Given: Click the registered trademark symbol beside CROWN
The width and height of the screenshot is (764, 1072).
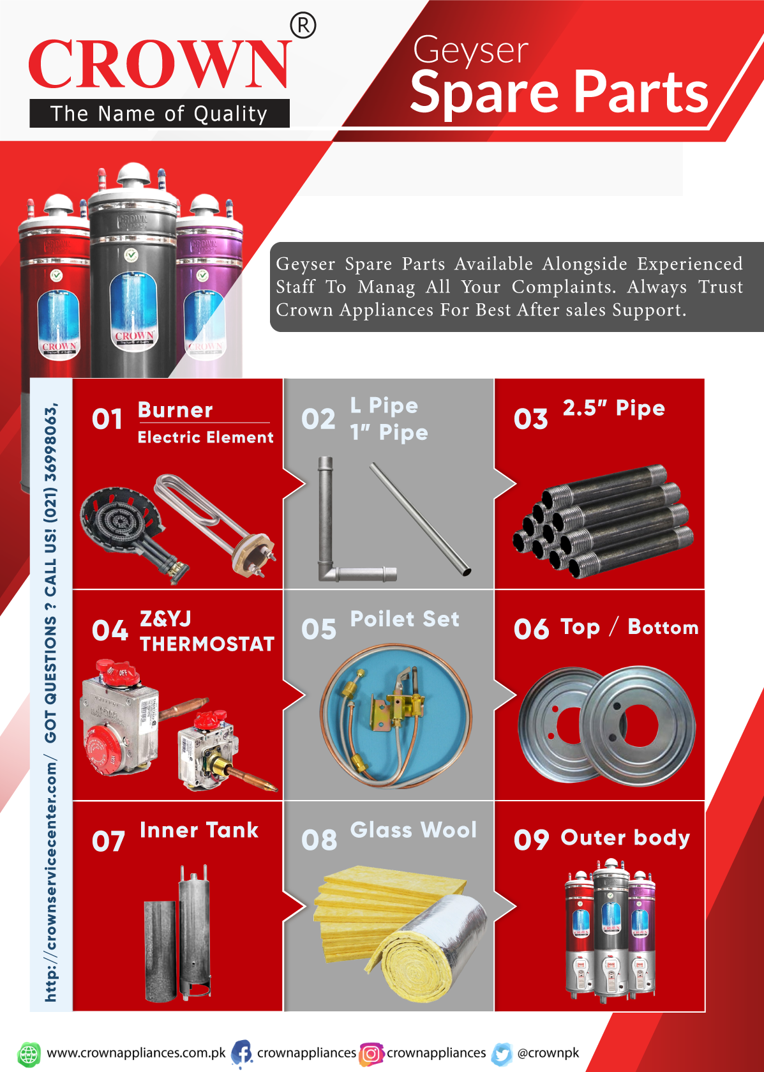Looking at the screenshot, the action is (303, 26).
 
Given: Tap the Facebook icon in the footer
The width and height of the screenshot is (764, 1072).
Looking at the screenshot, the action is (242, 1053).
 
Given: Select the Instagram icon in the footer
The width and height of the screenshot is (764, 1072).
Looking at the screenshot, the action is (371, 1054).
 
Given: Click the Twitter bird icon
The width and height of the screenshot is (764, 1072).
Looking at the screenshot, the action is (502, 1054).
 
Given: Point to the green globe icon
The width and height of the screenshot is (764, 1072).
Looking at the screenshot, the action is (29, 1054).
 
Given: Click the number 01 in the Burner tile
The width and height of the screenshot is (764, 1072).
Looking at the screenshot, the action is (107, 419).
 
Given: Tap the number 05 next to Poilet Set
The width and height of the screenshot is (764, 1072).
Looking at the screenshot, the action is (318, 629).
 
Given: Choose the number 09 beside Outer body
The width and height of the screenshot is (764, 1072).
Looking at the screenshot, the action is (531, 840).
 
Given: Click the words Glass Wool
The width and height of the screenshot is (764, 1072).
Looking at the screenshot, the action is (414, 830).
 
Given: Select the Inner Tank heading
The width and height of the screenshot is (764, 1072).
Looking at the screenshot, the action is (199, 830).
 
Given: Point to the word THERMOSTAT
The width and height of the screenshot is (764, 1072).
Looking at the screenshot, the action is (207, 644).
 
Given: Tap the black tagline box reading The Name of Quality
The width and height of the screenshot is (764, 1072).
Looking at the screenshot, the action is (160, 114).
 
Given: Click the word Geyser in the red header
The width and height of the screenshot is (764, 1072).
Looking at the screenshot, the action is (471, 50).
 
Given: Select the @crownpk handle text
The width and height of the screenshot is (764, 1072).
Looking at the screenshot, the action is (548, 1053).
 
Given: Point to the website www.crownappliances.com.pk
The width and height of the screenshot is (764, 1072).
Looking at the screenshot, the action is (136, 1053).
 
